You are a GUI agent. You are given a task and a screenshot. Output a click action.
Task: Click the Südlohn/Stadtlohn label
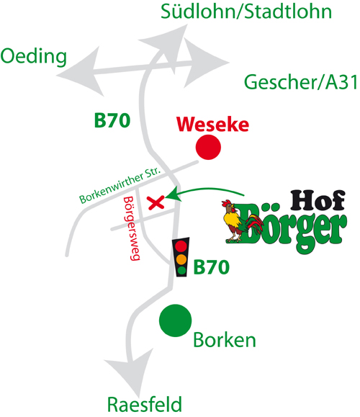pyautogui.click(x=246, y=12)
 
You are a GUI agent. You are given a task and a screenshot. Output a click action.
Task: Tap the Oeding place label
pyautogui.click(x=34, y=57)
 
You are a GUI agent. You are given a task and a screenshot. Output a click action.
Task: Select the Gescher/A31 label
pyautogui.click(x=301, y=82)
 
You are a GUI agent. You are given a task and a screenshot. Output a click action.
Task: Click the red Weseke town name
pyautogui.click(x=212, y=124)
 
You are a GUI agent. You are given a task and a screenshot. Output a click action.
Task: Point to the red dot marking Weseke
pyautogui.click(x=208, y=147)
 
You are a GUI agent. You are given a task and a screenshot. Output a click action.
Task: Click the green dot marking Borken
pyautogui.click(x=175, y=320)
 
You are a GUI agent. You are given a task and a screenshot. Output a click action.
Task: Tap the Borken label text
pyautogui.click(x=225, y=340)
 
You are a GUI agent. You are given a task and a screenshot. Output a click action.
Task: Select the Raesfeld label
pyautogui.click(x=145, y=405)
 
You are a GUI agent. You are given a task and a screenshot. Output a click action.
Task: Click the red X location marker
pyautogui.click(x=156, y=203)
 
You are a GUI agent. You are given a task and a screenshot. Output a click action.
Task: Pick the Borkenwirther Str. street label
pyautogui.click(x=120, y=185)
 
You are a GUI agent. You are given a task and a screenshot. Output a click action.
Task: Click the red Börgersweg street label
pyautogui.click(x=132, y=228)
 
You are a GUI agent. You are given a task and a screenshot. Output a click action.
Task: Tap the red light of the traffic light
pyautogui.click(x=181, y=246)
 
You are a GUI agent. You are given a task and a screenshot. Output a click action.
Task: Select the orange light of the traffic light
pyautogui.click(x=181, y=259)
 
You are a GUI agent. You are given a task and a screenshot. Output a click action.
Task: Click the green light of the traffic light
pyautogui.click(x=181, y=271)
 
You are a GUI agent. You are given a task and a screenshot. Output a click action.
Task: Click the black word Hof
pyautogui.click(x=318, y=199)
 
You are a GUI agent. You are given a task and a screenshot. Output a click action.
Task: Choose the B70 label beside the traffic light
pyautogui.click(x=212, y=267)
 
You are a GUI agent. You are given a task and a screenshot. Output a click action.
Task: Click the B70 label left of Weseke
pyautogui.click(x=112, y=120)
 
